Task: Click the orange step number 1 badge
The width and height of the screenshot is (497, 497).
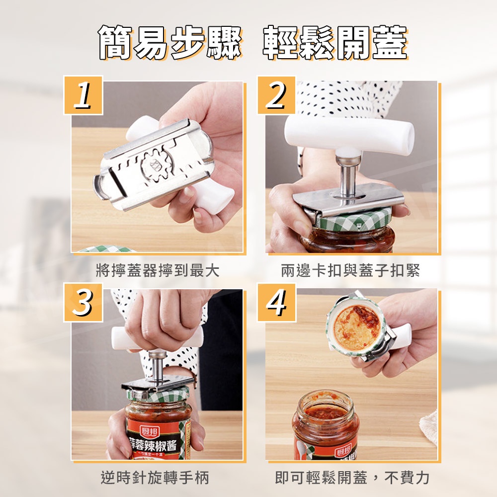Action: tap(83, 95)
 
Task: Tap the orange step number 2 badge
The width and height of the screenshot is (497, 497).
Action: tap(276, 95)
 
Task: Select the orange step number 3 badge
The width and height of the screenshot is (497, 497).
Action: tap(83, 302)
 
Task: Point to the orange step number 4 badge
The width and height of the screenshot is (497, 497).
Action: tap(276, 302)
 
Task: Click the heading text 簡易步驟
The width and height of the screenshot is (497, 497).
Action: tap(170, 43)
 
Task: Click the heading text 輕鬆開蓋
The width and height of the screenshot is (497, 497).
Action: tap(335, 43)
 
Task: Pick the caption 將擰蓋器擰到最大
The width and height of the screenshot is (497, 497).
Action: tap(158, 270)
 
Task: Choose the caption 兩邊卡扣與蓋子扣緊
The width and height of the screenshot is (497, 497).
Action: tap(350, 270)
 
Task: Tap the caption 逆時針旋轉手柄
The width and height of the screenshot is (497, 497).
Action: tap(155, 478)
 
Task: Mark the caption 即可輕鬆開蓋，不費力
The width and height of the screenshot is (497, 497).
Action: tap(352, 478)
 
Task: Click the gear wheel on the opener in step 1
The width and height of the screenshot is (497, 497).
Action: tap(157, 165)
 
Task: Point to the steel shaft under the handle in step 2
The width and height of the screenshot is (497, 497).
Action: tap(348, 177)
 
